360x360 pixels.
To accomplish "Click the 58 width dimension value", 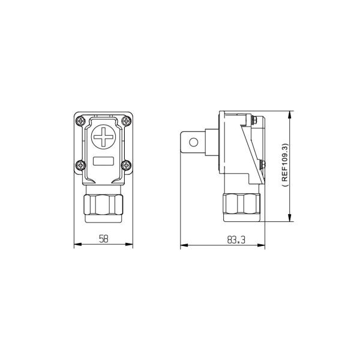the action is (x=103, y=239).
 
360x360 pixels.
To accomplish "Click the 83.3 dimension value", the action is (x=236, y=240).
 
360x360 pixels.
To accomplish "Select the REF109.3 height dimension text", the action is (x=284, y=166).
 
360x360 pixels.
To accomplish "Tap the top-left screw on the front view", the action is (x=81, y=121).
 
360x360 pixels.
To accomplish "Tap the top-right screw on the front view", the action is (x=126, y=121).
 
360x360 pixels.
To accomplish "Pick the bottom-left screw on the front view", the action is (x=81, y=165).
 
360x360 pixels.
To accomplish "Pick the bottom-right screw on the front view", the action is (x=126, y=165).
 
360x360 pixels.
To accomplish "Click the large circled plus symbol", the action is (x=104, y=137).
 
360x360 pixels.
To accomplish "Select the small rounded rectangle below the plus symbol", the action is (x=104, y=161).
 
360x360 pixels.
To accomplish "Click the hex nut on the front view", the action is (x=103, y=205).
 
